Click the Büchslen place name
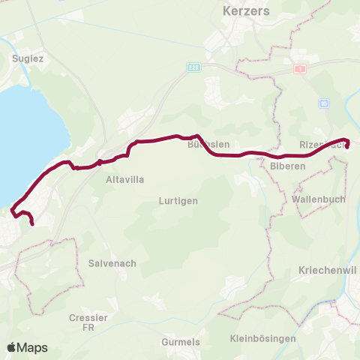[208, 144]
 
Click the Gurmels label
[180, 342]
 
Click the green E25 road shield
[193, 67]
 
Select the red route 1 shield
[301, 68]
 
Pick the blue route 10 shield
[324, 102]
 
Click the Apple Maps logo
[28, 347]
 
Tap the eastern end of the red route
[347, 145]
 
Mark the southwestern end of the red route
[32, 223]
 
